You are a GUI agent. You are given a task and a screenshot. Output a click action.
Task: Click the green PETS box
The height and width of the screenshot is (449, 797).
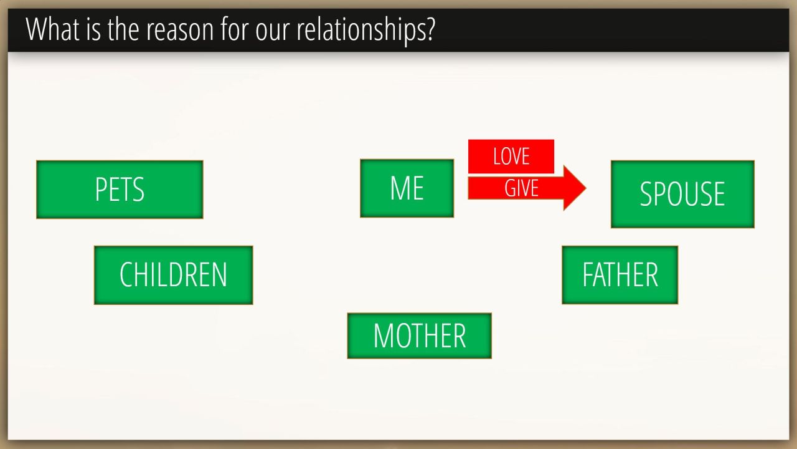(120, 190)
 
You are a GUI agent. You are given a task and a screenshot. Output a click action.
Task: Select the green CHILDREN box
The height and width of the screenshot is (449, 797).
(174, 275)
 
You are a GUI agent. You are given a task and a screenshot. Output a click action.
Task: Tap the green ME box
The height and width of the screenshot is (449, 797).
(407, 188)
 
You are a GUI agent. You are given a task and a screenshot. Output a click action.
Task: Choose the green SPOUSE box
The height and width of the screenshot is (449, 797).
(682, 194)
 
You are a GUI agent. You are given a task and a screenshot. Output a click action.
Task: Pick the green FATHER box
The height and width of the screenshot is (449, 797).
(620, 275)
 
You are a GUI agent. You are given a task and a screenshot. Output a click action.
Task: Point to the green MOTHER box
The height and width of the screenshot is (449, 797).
(420, 336)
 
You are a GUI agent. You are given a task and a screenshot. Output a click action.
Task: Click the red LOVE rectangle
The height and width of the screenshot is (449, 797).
(511, 157)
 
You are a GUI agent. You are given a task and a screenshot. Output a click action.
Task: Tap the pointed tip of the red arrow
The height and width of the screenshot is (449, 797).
(586, 188)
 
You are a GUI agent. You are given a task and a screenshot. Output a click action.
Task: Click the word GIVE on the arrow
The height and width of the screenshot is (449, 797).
(521, 188)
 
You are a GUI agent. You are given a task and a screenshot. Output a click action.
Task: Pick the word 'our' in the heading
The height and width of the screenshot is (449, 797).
(273, 32)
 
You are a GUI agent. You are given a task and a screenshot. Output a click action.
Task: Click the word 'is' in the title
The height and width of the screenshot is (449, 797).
(93, 29)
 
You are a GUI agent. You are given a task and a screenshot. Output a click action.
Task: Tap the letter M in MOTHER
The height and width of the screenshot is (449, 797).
(384, 336)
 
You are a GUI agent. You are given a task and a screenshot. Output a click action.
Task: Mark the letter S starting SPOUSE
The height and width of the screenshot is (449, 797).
(646, 194)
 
